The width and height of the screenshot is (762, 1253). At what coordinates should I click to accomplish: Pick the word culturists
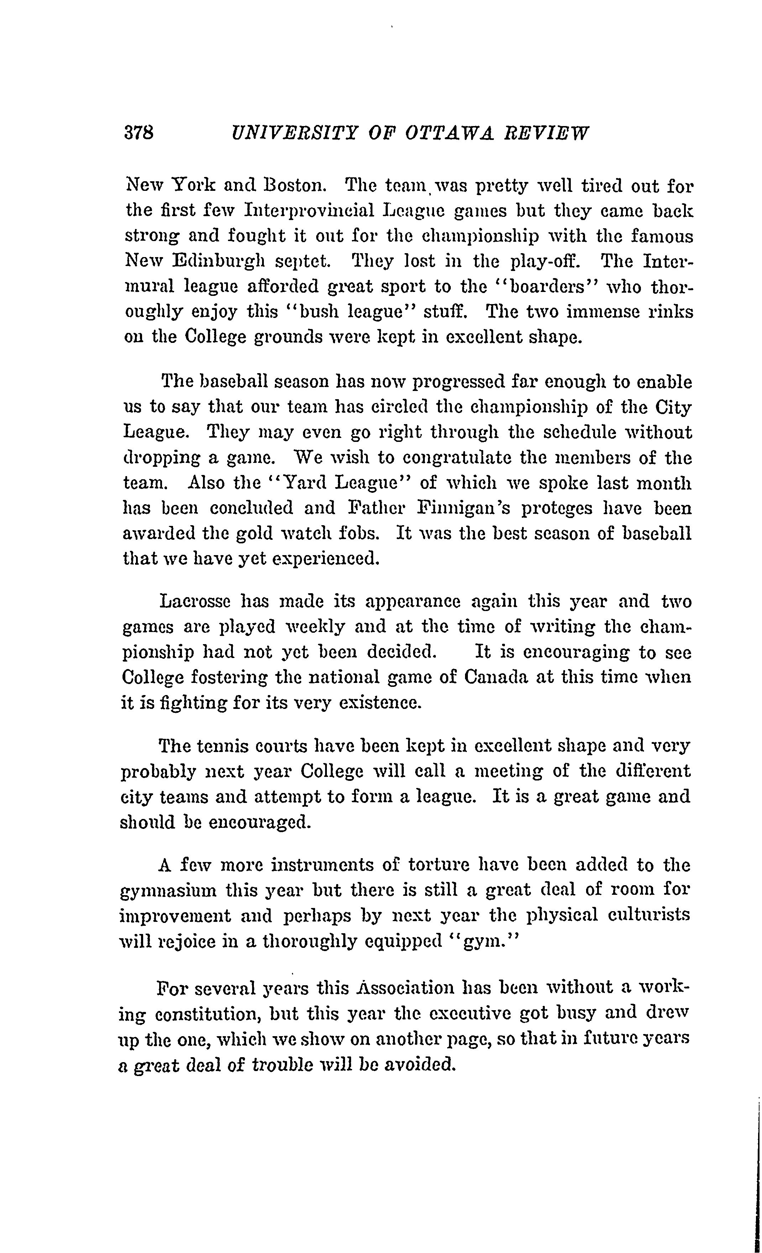click(648, 915)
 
